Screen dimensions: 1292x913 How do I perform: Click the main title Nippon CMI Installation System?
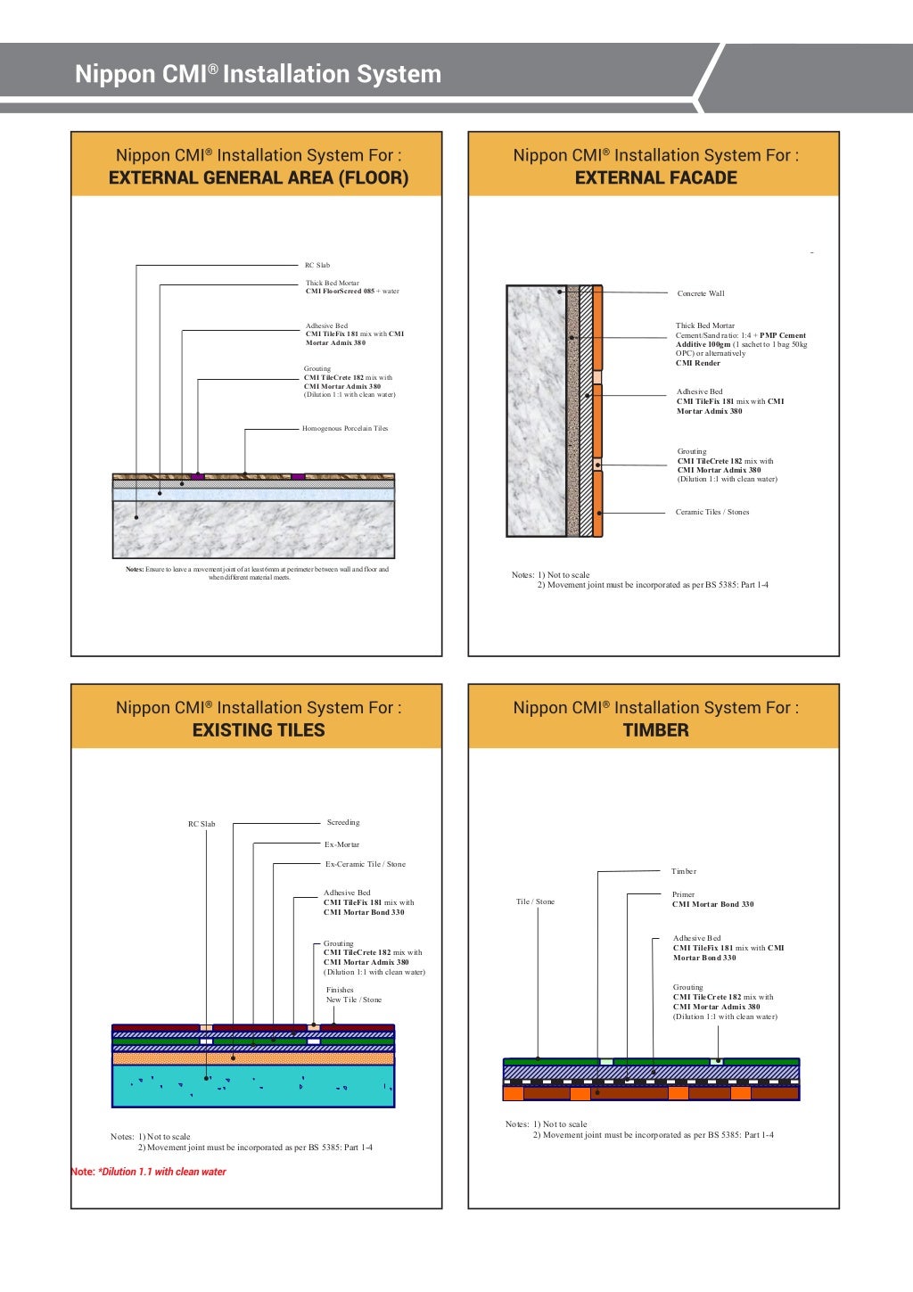[x=258, y=74]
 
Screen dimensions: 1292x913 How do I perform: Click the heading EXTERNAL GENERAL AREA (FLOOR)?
[x=258, y=177]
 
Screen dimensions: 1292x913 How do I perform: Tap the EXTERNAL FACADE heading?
[x=655, y=177]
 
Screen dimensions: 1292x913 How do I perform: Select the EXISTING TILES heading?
[x=258, y=730]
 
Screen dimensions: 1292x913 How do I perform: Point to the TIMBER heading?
[x=655, y=730]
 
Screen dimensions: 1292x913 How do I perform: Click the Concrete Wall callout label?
[x=701, y=293]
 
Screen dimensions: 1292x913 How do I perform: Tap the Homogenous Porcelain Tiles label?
[x=345, y=429]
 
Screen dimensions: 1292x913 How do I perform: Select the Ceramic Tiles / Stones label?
[x=712, y=513]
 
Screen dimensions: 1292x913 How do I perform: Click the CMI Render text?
[x=698, y=364]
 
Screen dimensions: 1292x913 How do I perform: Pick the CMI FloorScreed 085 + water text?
[x=352, y=292]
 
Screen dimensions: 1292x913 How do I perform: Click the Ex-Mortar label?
[x=341, y=844]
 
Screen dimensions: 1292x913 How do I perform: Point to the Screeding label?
[x=343, y=823]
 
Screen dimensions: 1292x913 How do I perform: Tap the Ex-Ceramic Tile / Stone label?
[x=365, y=864]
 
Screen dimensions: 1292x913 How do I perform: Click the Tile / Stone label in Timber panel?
[x=535, y=901]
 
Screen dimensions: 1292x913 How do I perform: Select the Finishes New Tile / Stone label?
[x=353, y=995]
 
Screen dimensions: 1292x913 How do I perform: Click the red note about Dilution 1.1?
[x=149, y=1172]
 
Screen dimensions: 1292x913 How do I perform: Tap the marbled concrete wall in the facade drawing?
[x=536, y=410]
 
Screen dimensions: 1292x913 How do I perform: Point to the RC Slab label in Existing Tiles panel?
[x=202, y=824]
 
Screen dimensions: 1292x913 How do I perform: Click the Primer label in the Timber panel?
[x=683, y=894]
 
